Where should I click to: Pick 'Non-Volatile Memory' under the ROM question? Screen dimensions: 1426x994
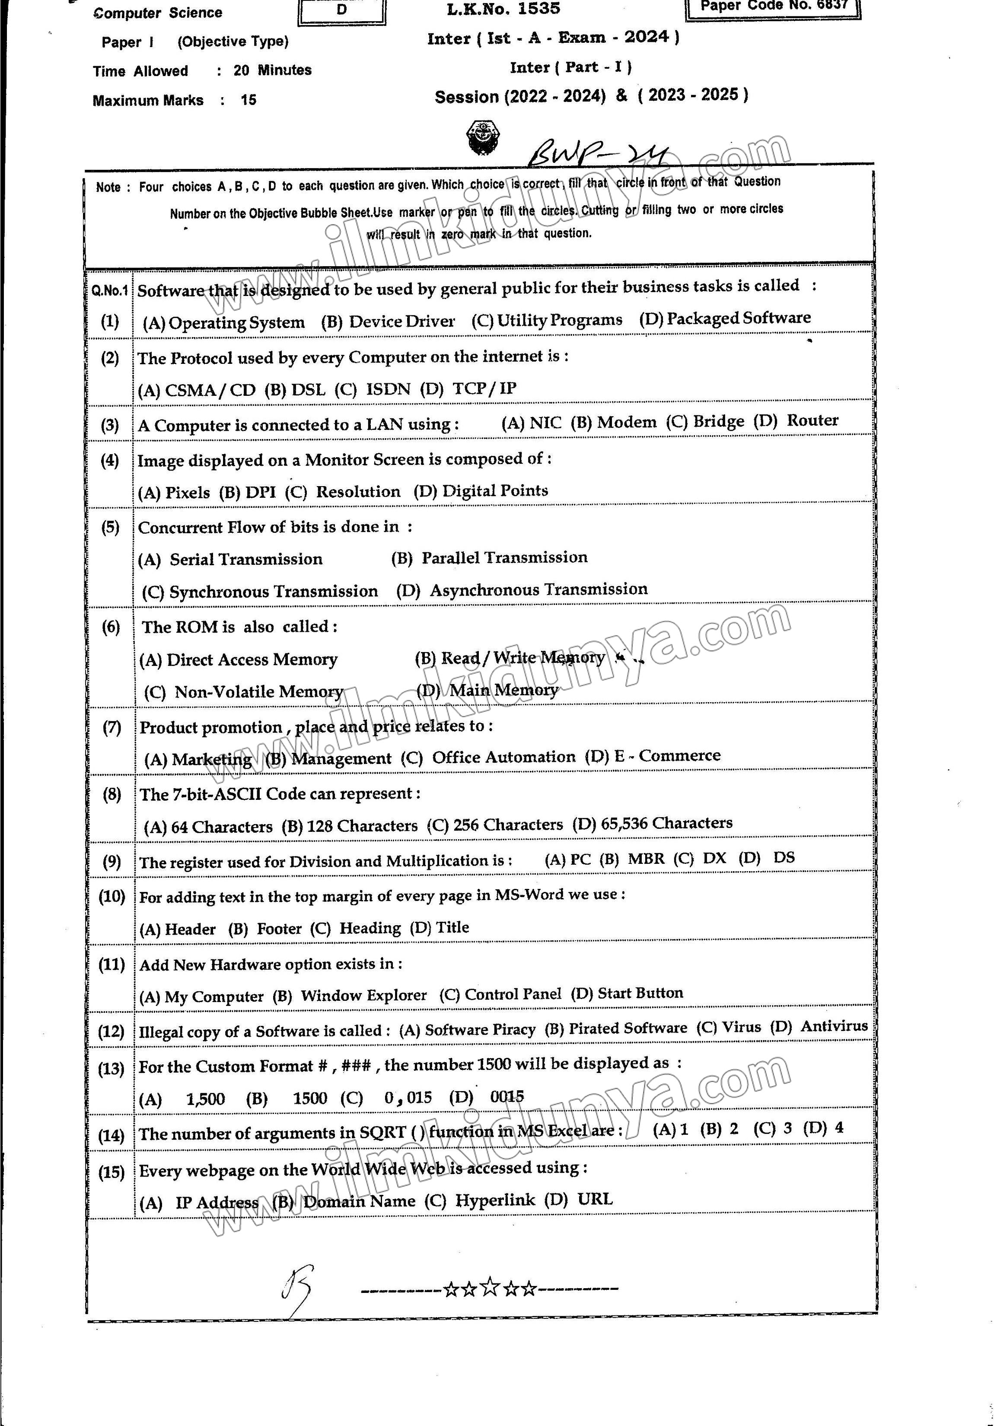258,691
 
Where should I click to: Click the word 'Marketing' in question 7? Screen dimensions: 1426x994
211,759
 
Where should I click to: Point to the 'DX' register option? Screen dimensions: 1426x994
714,858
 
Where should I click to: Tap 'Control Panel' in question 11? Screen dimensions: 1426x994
513,994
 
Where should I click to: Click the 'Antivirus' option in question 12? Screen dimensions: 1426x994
834,1025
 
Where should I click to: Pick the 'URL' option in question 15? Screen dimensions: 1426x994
595,1199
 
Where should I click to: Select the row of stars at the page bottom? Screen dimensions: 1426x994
490,1288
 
